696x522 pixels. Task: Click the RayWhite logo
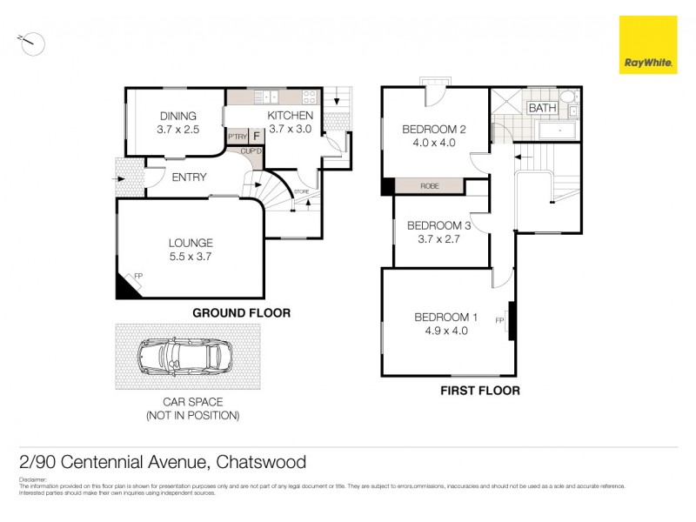648,44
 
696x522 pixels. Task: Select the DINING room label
177,116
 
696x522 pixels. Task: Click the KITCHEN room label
290,116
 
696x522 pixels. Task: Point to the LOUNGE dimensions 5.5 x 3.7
191,257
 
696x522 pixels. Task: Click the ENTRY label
189,177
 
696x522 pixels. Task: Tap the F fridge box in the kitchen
257,137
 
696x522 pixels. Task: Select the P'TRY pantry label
237,137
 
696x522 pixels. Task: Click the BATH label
543,108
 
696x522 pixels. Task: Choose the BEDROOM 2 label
434,130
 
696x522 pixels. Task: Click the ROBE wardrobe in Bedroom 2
429,186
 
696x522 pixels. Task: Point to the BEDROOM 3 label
439,226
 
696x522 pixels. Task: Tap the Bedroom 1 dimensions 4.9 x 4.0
446,331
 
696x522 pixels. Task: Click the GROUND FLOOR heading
241,313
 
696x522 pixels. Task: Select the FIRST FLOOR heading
480,391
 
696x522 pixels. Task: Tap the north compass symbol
31,40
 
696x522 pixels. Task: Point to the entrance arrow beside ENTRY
121,179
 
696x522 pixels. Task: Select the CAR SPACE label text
193,402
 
